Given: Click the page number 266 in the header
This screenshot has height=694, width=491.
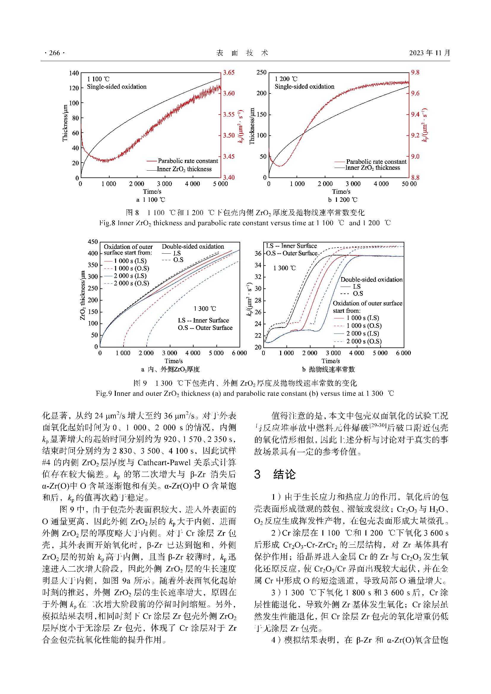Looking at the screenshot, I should tap(54, 53).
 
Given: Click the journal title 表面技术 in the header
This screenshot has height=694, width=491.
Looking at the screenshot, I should tap(243, 53).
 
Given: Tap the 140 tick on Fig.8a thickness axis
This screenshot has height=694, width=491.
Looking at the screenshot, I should tap(74, 73).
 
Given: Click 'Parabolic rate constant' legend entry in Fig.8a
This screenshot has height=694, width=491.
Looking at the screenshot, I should tap(188, 161).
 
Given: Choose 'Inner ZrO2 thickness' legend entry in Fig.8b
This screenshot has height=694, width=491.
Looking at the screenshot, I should tap(373, 168).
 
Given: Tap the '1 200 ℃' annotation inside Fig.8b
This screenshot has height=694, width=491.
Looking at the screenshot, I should tap(286, 79).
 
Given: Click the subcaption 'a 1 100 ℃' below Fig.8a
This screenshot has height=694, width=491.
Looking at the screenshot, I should tap(151, 200).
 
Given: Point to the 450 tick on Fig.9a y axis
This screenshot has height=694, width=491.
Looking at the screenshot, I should tap(93, 242).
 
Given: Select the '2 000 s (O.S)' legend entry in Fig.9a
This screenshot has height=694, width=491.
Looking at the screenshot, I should tap(131, 283).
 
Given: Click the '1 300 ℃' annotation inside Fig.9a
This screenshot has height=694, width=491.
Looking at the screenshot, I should tap(205, 309).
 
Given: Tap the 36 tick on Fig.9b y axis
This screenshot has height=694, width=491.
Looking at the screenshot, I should tap(258, 254).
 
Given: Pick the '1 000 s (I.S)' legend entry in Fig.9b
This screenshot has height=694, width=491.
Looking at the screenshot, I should tap(362, 318).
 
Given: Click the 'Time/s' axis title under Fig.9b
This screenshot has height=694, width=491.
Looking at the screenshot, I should tap(330, 361).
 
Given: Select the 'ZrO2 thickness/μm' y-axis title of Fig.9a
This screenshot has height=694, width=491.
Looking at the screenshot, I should tap(83, 295).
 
